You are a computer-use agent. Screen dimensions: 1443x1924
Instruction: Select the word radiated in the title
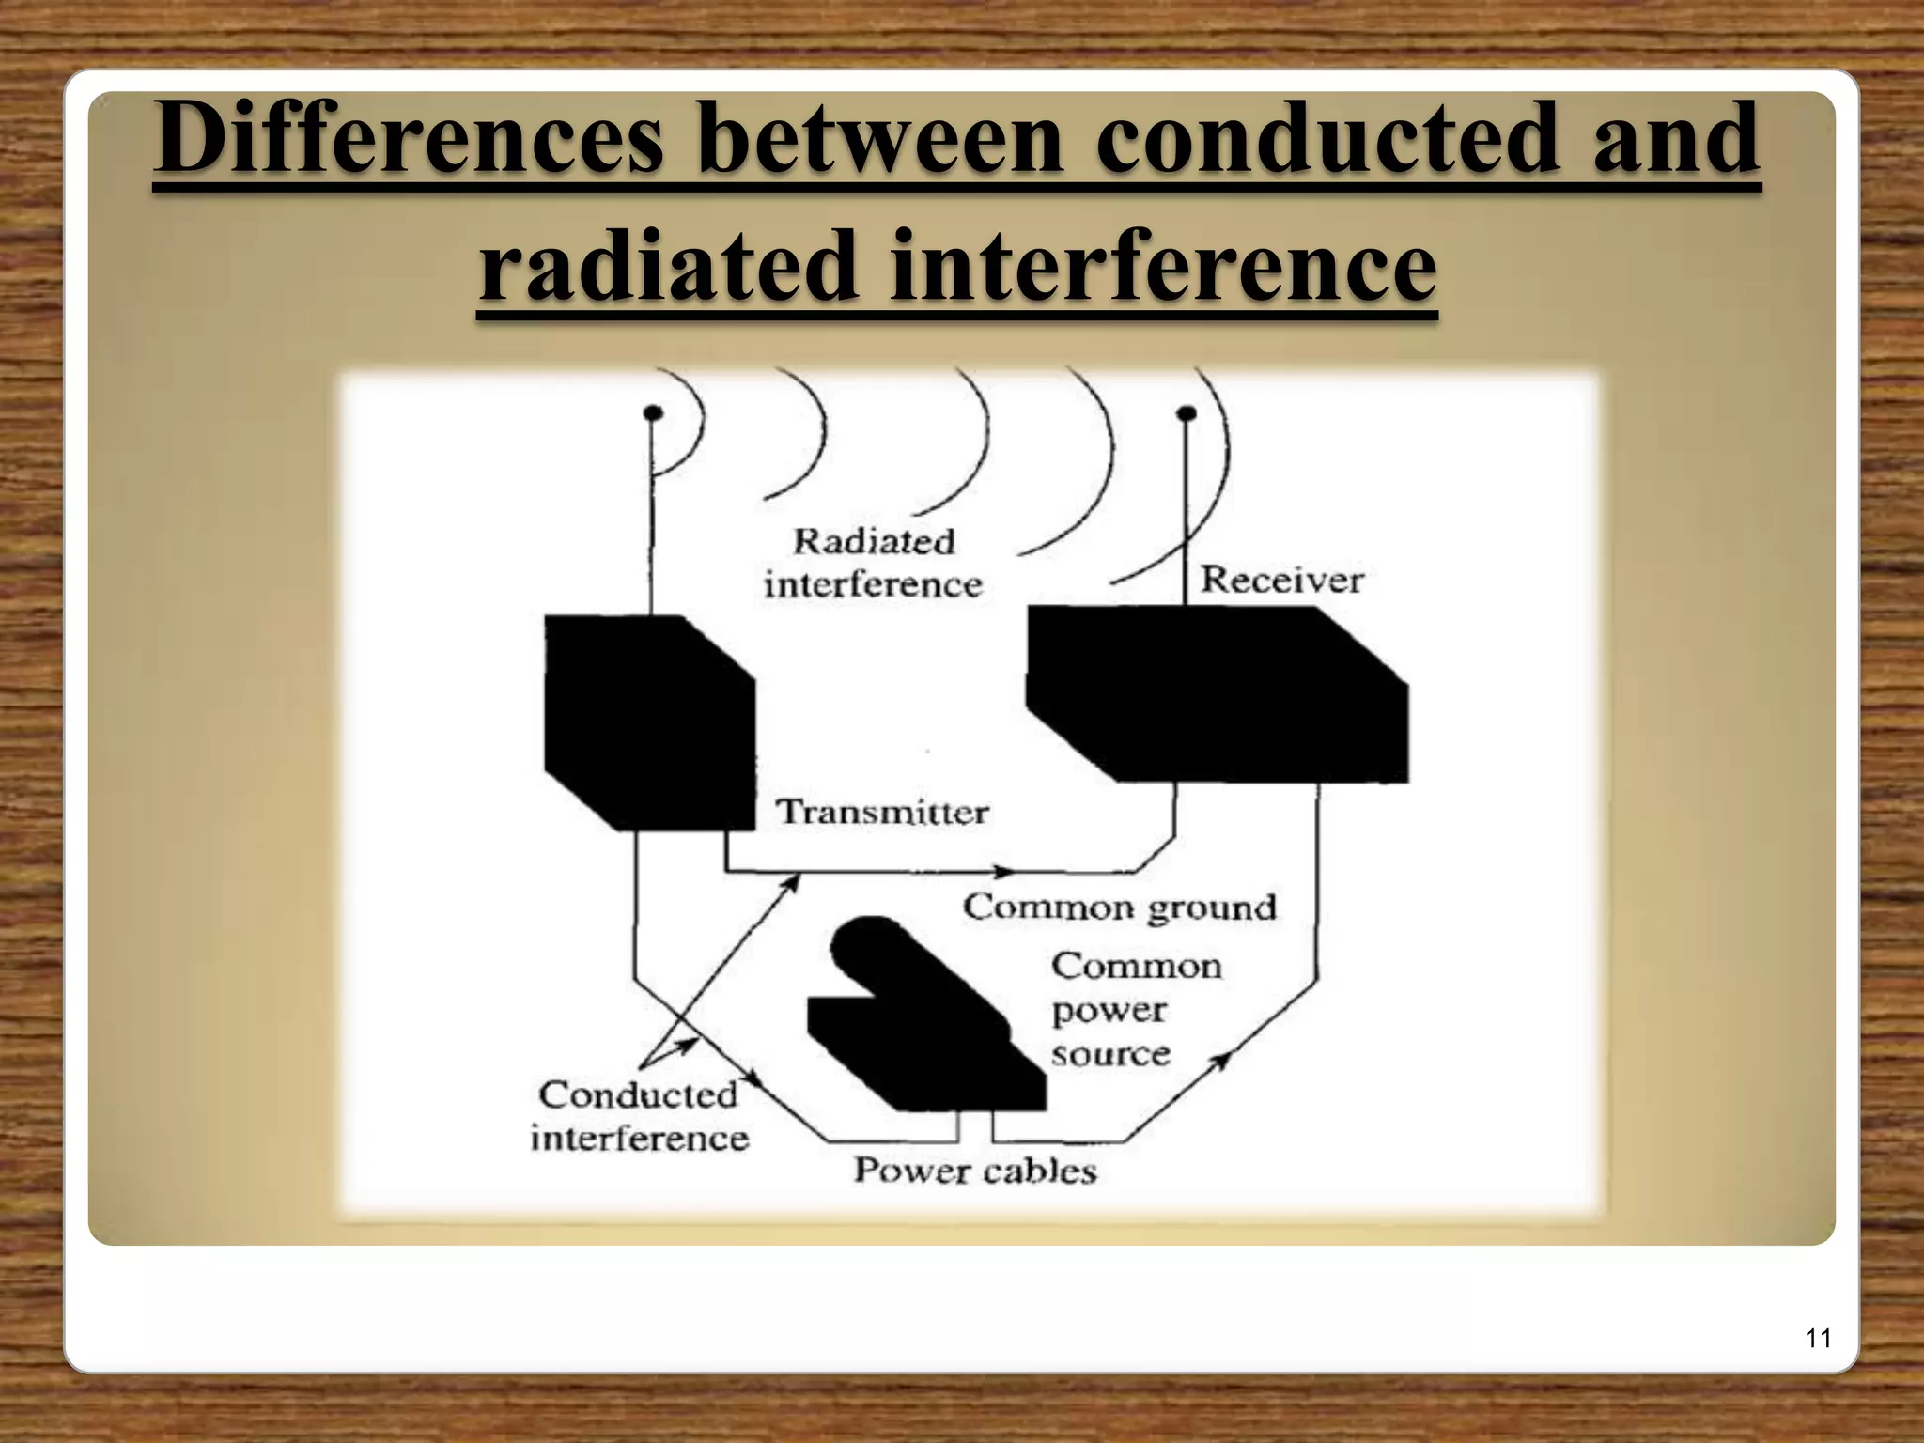click(669, 266)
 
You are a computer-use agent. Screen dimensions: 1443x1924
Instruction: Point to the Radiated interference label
click(873, 563)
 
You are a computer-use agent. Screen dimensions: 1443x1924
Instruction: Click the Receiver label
click(1281, 579)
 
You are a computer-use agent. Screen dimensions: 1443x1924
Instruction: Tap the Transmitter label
click(882, 812)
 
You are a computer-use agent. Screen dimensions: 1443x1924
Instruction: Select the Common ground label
click(1120, 907)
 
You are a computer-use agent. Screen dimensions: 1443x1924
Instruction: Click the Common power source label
click(1135, 1009)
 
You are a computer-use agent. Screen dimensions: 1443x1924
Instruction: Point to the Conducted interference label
click(639, 1116)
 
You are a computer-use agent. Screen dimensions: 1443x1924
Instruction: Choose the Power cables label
click(975, 1171)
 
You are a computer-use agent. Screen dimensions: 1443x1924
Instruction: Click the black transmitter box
click(648, 723)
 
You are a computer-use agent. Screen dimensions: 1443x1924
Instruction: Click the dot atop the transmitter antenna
click(652, 412)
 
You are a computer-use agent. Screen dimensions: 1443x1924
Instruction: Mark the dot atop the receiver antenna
click(1186, 412)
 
